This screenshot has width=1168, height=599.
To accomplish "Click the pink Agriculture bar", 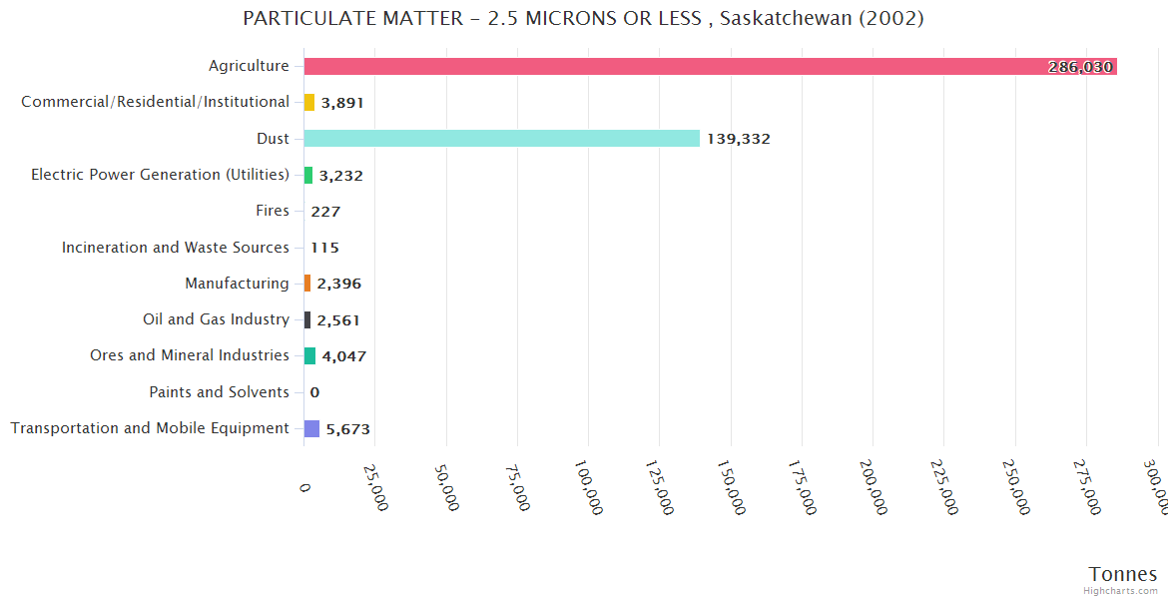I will (699, 66).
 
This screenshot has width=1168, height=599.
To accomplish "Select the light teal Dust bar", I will (501, 139).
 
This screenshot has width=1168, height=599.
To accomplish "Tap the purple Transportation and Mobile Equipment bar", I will (311, 428).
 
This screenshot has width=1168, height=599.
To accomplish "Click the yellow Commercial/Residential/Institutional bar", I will (309, 102).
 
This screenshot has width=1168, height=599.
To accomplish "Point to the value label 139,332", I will (739, 139).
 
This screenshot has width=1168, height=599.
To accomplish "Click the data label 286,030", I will (1080, 67).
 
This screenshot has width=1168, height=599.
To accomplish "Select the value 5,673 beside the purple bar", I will (348, 429).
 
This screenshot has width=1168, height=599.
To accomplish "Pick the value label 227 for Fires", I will (325, 212).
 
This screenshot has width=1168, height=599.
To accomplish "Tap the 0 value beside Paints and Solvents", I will (314, 392).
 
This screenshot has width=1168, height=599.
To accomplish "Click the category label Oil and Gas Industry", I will (216, 319).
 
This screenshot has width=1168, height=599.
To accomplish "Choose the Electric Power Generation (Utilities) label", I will (160, 175).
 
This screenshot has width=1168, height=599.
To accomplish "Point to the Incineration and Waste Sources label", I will (176, 248).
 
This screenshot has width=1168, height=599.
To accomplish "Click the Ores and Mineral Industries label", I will (190, 355).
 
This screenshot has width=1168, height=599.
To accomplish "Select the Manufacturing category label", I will (237, 284).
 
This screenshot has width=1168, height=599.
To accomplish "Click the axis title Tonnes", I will (1122, 574).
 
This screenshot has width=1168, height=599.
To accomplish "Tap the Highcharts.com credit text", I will (1120, 591).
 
